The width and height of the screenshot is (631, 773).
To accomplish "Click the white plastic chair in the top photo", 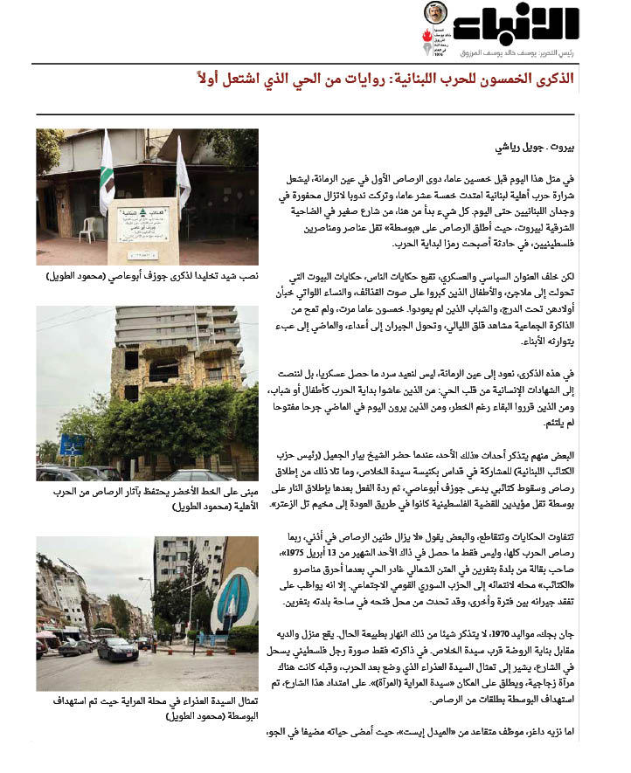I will [x=87, y=230].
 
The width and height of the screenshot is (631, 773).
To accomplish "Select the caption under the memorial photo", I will [x=148, y=276].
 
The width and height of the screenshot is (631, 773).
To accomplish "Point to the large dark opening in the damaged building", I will [x=164, y=368].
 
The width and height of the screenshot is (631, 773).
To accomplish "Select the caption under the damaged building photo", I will [x=148, y=506].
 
